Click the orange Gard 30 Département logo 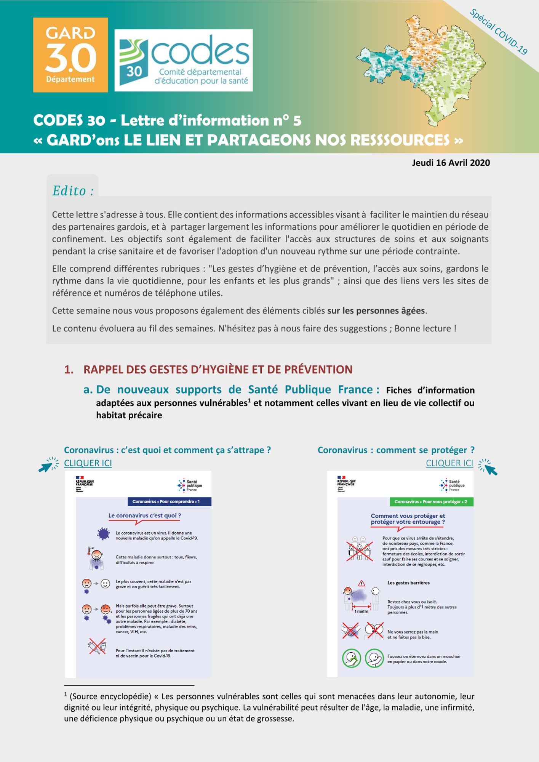pyautogui.click(x=70, y=55)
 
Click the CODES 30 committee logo pyautogui.click(x=184, y=60)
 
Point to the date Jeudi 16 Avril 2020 pyautogui.click(x=451, y=163)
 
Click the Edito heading pyautogui.click(x=73, y=190)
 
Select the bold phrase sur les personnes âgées pyautogui.click(x=376, y=311)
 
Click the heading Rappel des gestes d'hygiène pyautogui.click(x=218, y=369)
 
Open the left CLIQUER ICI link pyautogui.click(x=88, y=463)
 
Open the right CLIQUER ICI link pyautogui.click(x=449, y=463)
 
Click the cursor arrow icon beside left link pyautogui.click(x=48, y=465)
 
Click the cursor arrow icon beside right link pyautogui.click(x=488, y=467)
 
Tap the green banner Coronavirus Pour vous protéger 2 pyautogui.click(x=431, y=502)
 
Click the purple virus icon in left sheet pyautogui.click(x=103, y=534)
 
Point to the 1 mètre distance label pyautogui.click(x=361, y=612)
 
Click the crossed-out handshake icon pyautogui.click(x=350, y=631)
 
